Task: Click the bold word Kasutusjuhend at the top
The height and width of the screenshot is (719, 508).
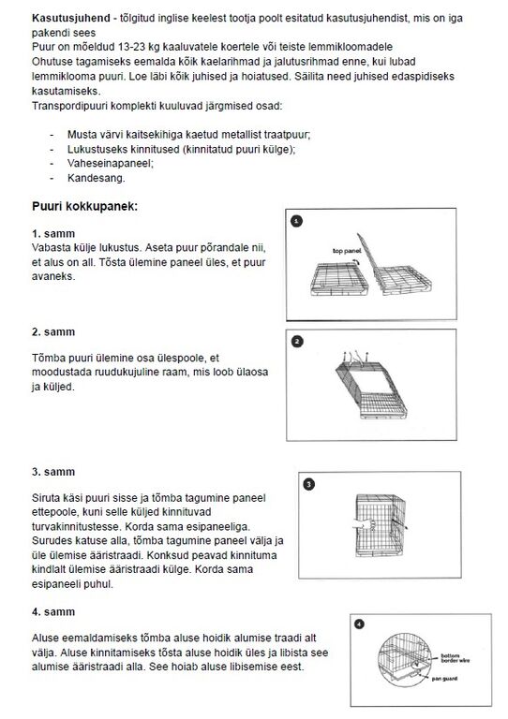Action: [70, 19]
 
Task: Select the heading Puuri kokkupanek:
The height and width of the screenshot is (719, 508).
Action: [85, 206]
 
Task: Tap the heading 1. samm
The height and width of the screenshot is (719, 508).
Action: [53, 233]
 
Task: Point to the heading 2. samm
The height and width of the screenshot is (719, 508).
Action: [53, 332]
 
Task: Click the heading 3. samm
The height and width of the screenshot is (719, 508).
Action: [53, 472]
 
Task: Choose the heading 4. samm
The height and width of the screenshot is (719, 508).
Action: [53, 611]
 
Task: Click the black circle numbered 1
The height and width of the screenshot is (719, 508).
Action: [297, 222]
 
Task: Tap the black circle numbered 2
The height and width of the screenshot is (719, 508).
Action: [297, 342]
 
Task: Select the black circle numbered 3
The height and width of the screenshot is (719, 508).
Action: [309, 484]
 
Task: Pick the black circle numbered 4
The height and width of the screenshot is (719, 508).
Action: [360, 624]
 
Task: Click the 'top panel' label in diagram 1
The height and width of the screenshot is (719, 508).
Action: [347, 251]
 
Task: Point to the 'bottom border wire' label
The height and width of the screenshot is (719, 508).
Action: [455, 658]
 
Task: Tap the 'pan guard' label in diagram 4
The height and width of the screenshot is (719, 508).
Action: [444, 678]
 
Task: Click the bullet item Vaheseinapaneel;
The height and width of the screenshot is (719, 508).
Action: [111, 163]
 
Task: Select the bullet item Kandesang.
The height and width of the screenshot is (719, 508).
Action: [96, 178]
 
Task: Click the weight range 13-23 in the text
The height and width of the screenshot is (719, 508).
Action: [132, 47]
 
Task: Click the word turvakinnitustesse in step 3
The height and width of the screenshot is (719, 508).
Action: [77, 526]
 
